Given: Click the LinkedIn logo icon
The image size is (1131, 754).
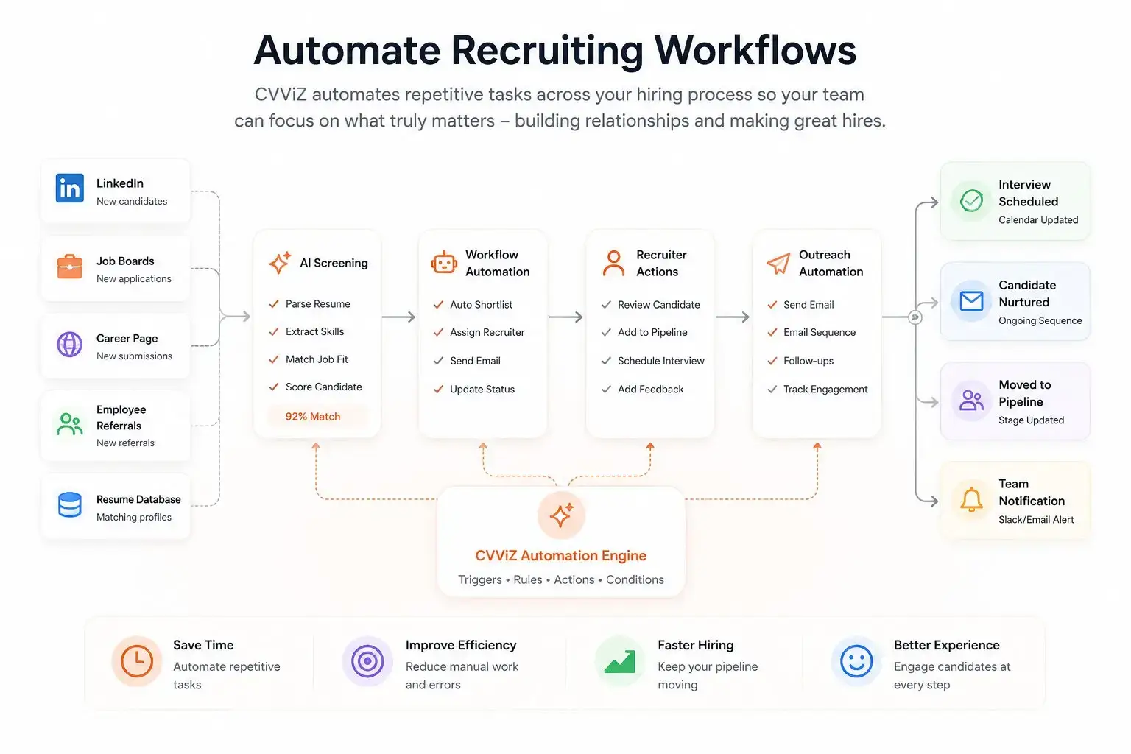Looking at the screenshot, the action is pos(70,188).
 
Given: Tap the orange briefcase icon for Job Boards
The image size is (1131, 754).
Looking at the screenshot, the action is pos(70,266).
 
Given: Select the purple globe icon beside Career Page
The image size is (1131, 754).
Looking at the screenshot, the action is pos(70,345).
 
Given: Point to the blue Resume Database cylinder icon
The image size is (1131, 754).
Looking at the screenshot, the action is pos(70,504).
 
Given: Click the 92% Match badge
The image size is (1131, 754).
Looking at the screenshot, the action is pos(313,417).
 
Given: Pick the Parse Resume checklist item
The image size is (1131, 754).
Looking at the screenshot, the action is pos(309,303).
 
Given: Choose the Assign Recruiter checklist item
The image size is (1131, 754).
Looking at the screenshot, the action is pos(479,332).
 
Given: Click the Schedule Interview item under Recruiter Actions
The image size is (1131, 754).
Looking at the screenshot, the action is pos(653,361).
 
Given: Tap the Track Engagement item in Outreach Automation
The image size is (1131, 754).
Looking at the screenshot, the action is pos(817,389).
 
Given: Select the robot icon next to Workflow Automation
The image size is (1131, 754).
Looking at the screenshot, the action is pos(444,263).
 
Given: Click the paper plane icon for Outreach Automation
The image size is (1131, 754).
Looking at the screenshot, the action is pos(778,263).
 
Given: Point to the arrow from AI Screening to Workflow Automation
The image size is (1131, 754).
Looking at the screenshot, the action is pos(398,317).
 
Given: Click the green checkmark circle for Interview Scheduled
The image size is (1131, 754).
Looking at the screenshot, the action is pos(971,200).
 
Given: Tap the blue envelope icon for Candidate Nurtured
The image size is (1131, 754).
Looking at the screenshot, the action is pos(971,301).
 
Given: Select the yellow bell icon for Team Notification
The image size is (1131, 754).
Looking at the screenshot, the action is pos(971,500).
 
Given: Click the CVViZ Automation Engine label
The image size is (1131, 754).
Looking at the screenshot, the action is pos(561,555).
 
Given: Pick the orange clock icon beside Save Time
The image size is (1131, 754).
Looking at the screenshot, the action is pos(137,660).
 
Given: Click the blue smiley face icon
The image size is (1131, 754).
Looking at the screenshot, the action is pos(856,661).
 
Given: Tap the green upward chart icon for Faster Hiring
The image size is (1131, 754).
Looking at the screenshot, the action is pos(620,661).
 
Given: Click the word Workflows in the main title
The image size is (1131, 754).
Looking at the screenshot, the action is pos(755,51).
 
